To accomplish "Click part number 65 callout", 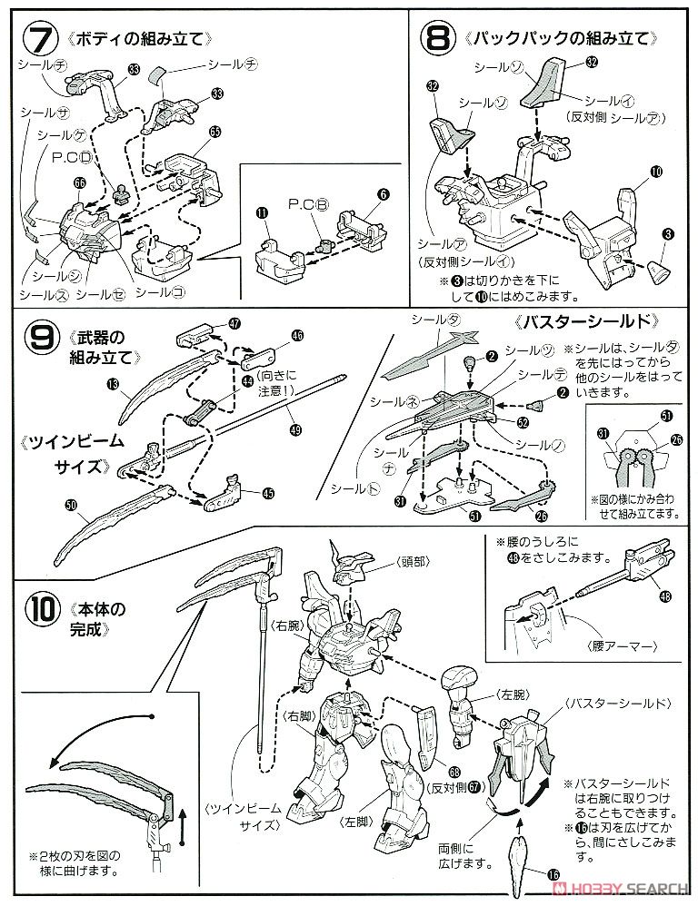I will (x=214, y=132).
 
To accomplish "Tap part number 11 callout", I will (x=262, y=213).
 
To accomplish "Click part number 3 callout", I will (x=668, y=235).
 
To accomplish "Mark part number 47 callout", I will (x=234, y=323).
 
